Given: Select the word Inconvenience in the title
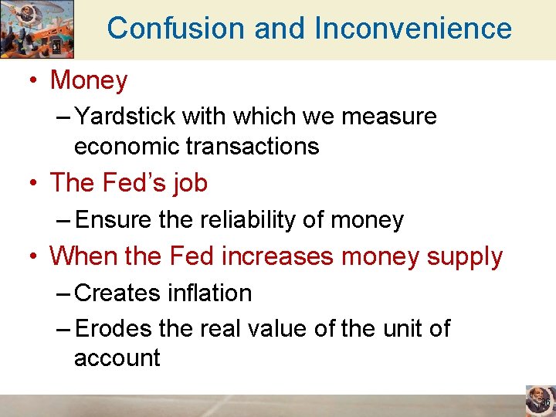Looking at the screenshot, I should [x=413, y=29].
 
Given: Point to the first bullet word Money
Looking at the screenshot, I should [x=89, y=80].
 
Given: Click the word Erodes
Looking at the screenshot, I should [x=114, y=329].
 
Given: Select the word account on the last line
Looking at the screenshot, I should [x=117, y=358].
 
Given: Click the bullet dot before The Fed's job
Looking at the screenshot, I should [x=34, y=184].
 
